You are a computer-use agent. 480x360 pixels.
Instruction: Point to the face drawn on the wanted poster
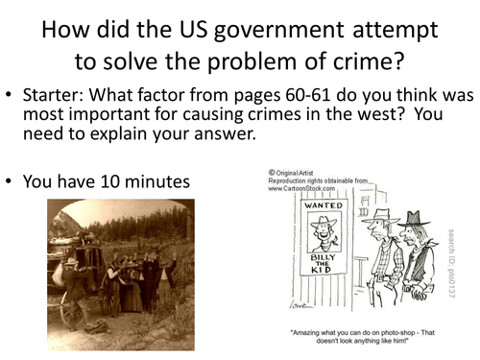pos(324,231)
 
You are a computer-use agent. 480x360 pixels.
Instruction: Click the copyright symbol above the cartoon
pos(272,173)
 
